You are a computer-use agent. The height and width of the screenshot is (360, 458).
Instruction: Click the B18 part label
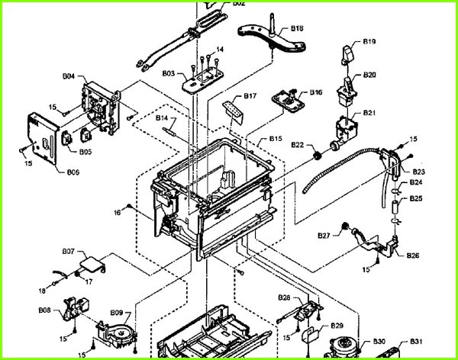[x=297, y=27]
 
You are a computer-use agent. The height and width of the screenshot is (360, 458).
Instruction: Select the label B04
[x=68, y=77]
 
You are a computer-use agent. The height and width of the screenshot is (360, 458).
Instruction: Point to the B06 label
[x=73, y=172]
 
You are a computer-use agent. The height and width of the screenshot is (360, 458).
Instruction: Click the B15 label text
[x=276, y=140]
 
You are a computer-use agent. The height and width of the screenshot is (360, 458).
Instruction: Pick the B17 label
[x=250, y=96]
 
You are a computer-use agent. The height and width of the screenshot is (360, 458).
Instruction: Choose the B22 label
[x=297, y=145]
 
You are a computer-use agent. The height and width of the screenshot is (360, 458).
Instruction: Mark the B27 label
[x=324, y=236]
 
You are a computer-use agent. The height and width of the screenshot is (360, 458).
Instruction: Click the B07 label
[x=68, y=251]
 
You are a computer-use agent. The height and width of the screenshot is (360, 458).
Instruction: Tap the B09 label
[x=116, y=312]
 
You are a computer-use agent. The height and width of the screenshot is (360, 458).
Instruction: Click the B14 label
[x=162, y=117]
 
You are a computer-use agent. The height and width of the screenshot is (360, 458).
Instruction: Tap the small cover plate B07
[x=91, y=265]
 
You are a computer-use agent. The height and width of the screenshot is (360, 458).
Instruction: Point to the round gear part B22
[x=314, y=156]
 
